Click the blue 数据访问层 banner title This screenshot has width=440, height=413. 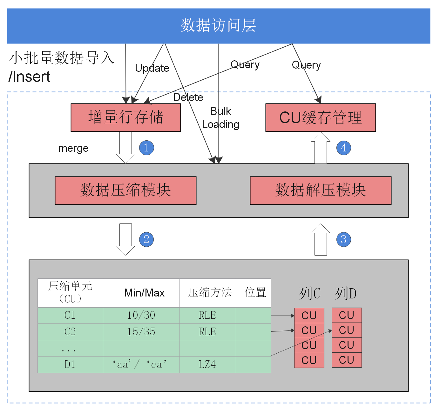(218, 25)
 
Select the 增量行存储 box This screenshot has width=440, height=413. (125, 117)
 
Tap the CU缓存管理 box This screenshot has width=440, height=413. (321, 117)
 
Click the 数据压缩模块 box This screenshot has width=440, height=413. (125, 190)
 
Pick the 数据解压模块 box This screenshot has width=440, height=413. (321, 190)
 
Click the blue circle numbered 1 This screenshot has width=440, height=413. (146, 148)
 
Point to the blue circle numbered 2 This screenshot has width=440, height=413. (146, 239)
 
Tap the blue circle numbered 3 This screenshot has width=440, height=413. (343, 239)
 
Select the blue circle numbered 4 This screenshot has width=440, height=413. (343, 148)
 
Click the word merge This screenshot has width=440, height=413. (73, 148)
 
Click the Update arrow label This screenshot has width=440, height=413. (152, 68)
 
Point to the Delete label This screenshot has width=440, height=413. (188, 97)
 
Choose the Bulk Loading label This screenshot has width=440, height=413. (220, 118)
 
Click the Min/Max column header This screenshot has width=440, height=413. (144, 293)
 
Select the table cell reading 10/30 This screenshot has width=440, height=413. (141, 315)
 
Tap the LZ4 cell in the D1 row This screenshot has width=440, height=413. (207, 364)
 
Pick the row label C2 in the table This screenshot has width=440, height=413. (70, 332)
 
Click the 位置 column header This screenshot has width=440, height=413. (255, 293)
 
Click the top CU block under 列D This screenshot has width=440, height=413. (346, 315)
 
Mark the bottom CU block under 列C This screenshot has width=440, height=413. (309, 360)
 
